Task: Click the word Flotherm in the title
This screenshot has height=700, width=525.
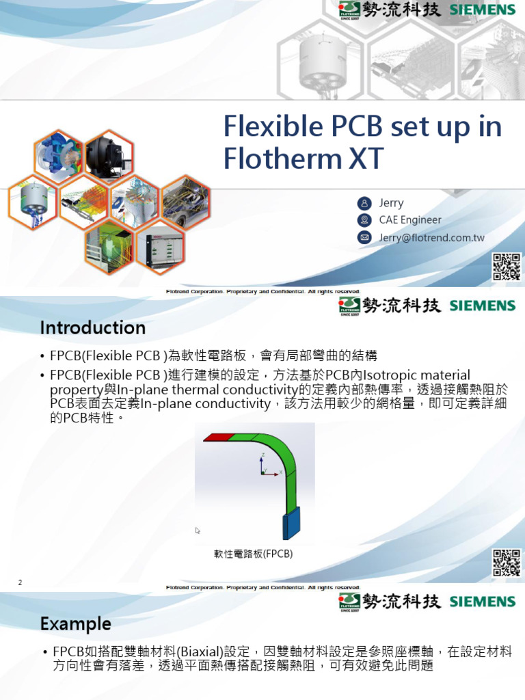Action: click(x=280, y=159)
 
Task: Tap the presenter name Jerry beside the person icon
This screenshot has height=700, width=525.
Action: click(x=391, y=203)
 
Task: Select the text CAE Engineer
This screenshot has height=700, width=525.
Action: click(x=410, y=220)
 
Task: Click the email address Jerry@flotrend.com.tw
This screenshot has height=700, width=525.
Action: click(x=431, y=238)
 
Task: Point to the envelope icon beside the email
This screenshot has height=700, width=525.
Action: click(x=364, y=238)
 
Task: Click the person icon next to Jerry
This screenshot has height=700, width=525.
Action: click(x=364, y=203)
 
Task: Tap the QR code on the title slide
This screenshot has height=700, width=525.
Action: click(x=507, y=267)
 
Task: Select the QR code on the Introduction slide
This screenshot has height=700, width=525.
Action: click(x=507, y=562)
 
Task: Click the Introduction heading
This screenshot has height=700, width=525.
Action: click(x=92, y=328)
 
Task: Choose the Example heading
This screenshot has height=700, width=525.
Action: click(x=75, y=623)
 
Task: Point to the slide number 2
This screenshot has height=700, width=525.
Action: click(x=21, y=582)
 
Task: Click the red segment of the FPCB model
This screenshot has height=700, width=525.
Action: click(x=219, y=437)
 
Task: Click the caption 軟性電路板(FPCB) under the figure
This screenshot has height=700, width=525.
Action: click(x=254, y=554)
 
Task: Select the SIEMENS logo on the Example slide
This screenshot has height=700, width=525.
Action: click(x=483, y=602)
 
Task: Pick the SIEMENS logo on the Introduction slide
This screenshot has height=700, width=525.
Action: click(x=483, y=306)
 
